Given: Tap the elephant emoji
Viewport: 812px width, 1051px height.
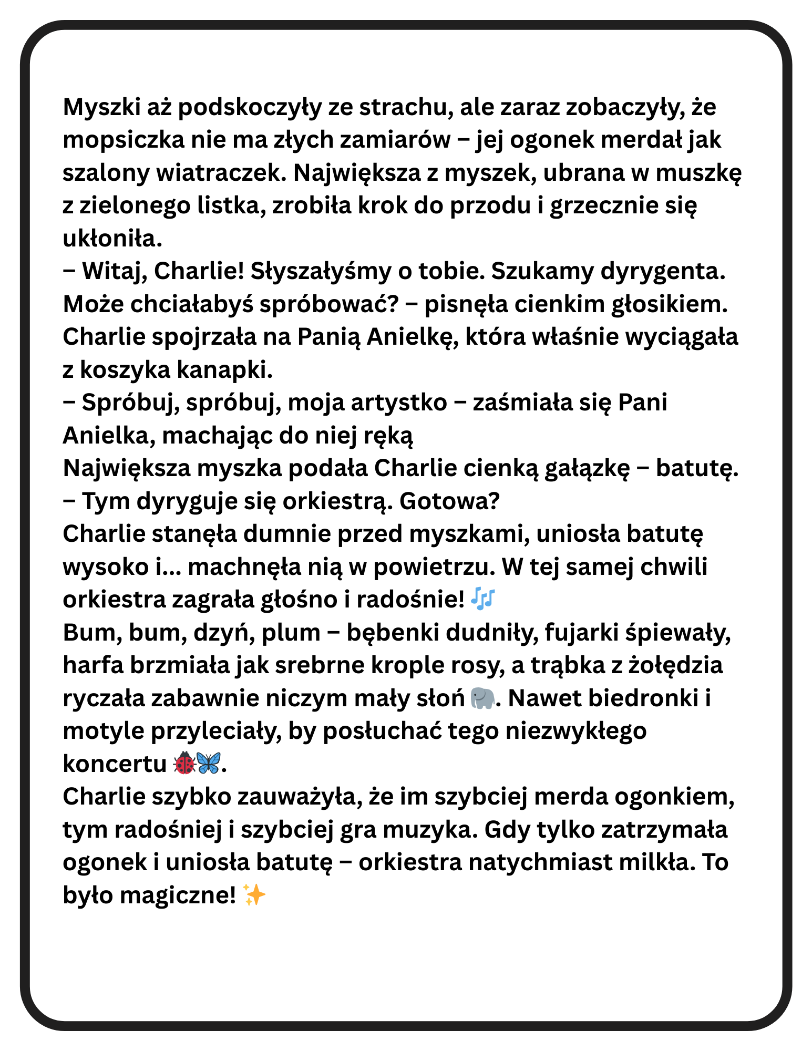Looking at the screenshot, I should pos(482,698).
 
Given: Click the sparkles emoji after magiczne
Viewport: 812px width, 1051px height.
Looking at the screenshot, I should pos(254,894).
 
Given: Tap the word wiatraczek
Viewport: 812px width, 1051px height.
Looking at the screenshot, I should pos(221,173).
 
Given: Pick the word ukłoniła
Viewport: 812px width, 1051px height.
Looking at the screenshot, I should pos(112,239).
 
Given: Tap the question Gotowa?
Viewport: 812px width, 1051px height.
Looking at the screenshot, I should pos(449,501).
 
